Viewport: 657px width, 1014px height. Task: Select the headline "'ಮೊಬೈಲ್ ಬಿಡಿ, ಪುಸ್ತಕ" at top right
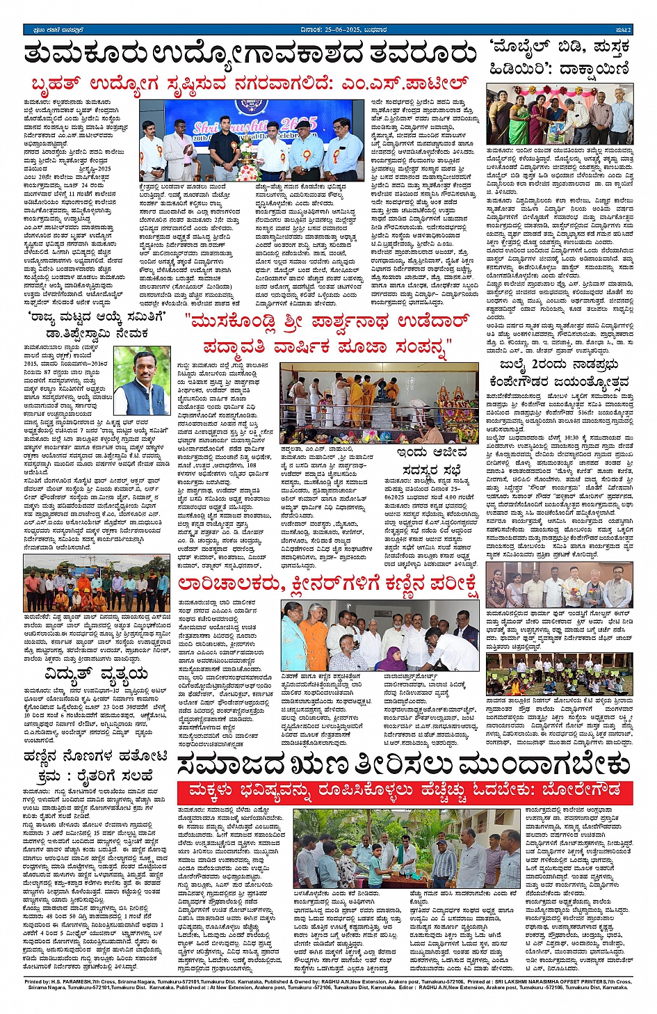(560, 47)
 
